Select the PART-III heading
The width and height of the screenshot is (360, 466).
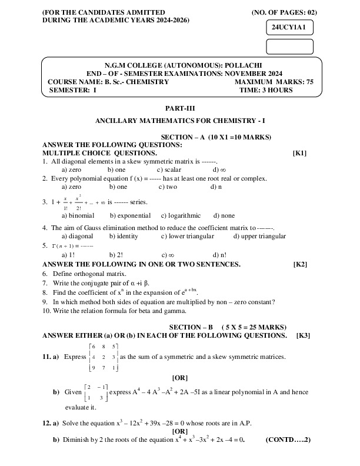(x=180, y=108)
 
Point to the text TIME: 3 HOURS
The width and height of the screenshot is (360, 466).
(x=266, y=91)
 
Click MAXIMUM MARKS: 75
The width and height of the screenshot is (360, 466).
(x=274, y=82)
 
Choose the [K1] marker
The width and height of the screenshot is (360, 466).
(x=299, y=153)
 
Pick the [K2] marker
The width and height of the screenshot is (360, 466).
(x=300, y=265)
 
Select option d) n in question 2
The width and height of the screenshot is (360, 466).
(x=216, y=187)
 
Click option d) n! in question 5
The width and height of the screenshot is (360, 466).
(x=219, y=255)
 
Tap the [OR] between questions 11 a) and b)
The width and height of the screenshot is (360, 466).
(x=180, y=377)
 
